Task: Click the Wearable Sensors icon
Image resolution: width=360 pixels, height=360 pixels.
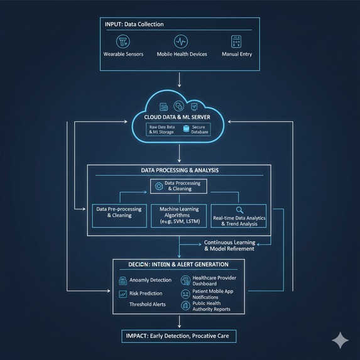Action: (123, 41)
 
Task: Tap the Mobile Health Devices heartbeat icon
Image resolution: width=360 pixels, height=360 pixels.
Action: (181, 41)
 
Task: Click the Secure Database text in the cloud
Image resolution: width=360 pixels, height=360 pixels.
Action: (198, 129)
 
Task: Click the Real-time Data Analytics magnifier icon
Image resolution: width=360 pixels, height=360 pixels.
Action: (239, 210)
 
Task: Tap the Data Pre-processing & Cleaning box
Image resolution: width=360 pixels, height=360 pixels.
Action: (119, 212)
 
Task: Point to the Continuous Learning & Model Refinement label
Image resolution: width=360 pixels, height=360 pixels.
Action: (229, 246)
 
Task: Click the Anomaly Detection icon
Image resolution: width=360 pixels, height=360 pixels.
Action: (123, 280)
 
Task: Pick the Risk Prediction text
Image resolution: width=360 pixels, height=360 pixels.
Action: (145, 293)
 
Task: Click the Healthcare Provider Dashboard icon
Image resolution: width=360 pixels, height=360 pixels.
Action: (185, 280)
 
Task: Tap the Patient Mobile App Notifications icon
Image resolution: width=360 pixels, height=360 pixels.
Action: (185, 293)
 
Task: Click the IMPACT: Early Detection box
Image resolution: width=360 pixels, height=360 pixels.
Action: (180, 336)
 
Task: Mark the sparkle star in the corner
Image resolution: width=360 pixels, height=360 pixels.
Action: (341, 341)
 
